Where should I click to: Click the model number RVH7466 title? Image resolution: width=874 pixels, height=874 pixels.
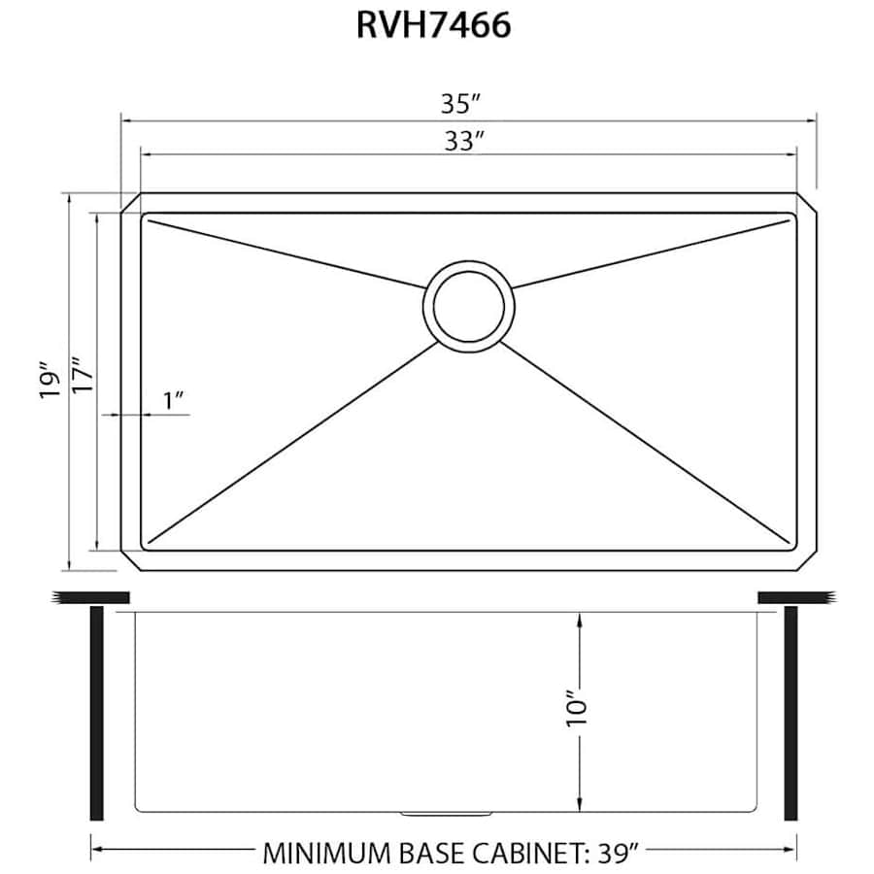(x=433, y=26)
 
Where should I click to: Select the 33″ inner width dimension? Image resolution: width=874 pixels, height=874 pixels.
(x=465, y=141)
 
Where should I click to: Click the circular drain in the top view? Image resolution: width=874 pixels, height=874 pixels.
(x=468, y=303)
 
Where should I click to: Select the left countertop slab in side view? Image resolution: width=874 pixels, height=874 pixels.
(x=92, y=595)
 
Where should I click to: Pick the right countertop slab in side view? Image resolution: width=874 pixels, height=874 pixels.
(x=794, y=595)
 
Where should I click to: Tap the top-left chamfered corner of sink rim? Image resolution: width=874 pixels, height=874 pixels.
(x=130, y=202)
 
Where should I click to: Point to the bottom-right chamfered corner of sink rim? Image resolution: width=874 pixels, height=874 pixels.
(x=806, y=561)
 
